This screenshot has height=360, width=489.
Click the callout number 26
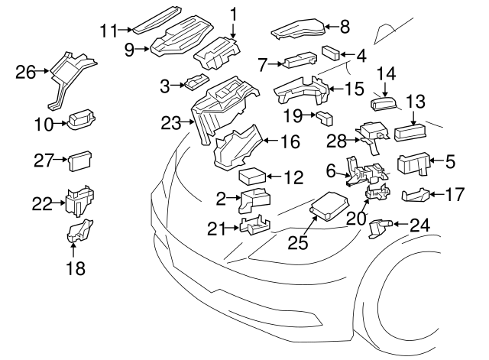click(x=25, y=73)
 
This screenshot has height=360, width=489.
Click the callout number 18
click(x=74, y=268)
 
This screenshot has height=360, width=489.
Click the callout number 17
click(x=454, y=194)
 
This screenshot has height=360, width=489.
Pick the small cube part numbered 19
click(x=325, y=118)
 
